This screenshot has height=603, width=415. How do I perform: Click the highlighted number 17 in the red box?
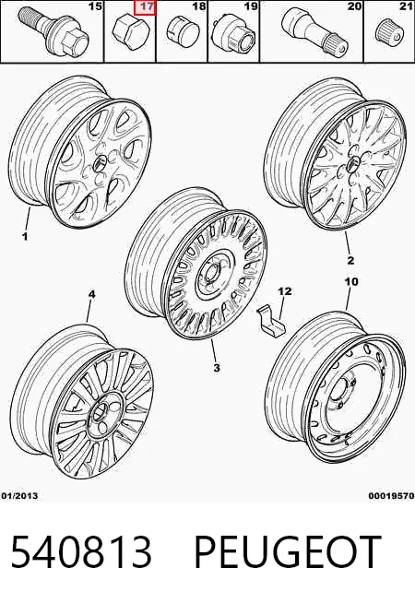click(145, 7)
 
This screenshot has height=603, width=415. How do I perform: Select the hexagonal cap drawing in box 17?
click(129, 33)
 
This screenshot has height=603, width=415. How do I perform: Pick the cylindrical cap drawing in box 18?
click(184, 30)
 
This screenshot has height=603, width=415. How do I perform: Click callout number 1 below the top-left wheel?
click(25, 236)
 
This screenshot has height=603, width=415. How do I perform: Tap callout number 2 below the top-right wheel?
click(350, 260)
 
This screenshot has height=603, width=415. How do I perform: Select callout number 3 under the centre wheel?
click(217, 368)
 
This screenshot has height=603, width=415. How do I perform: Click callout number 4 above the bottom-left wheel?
click(91, 294)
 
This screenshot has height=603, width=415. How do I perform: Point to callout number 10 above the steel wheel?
click(351, 282)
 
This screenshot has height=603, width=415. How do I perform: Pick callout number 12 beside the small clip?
click(285, 291)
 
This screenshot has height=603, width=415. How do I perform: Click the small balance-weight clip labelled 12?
click(271, 320)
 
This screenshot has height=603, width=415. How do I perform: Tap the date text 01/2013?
click(19, 496)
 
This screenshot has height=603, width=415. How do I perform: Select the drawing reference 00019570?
click(391, 496)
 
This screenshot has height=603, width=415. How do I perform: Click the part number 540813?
click(81, 551)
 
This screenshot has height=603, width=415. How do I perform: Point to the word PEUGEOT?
click(288, 551)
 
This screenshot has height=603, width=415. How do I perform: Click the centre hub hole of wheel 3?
click(211, 275)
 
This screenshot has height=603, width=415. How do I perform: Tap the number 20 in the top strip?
click(354, 6)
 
